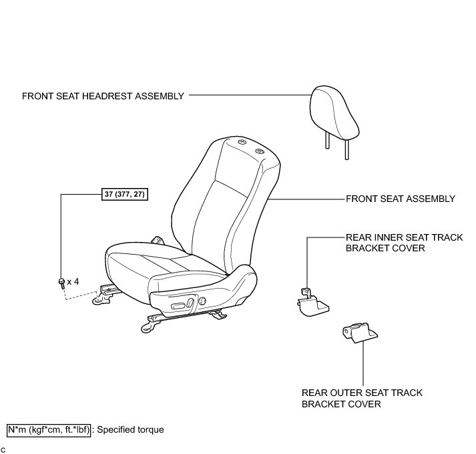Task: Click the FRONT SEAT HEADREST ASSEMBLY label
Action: tap(103, 96)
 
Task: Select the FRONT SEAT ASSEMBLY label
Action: tap(400, 199)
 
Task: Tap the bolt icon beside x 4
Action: tap(61, 282)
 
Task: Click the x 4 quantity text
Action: tap(73, 281)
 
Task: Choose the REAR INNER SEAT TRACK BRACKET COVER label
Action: tap(404, 243)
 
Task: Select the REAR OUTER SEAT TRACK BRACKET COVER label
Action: tap(362, 399)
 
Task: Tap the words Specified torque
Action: tap(130, 430)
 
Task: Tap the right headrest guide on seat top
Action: tap(260, 152)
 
